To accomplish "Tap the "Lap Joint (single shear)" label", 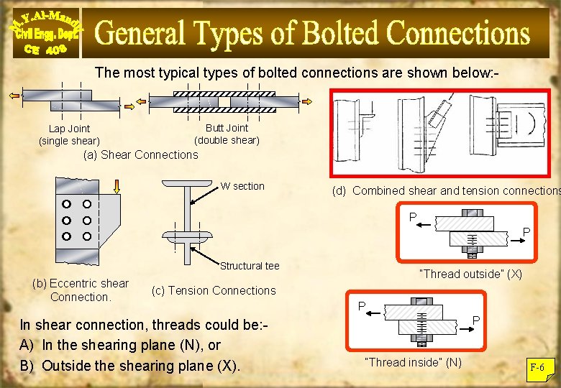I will (x=69, y=134).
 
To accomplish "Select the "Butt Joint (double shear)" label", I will (x=227, y=134).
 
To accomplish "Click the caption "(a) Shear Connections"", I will (x=140, y=154).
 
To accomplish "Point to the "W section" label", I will (x=242, y=186).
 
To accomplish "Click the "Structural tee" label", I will (x=250, y=266).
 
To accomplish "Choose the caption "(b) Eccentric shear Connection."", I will (x=81, y=290).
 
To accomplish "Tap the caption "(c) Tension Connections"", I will (x=214, y=290).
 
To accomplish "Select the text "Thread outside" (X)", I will (x=470, y=274).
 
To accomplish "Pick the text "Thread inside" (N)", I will (x=413, y=362).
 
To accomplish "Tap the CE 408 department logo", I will (x=45, y=32).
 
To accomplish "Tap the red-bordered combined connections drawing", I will (x=444, y=134).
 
